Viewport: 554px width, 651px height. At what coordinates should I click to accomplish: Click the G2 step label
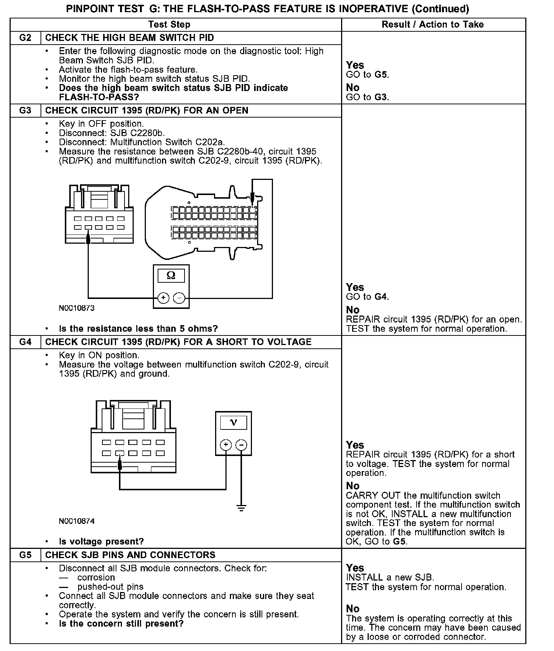[25, 38]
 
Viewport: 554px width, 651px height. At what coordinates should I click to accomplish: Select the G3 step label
[25, 111]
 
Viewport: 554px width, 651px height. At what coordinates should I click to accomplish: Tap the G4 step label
[25, 342]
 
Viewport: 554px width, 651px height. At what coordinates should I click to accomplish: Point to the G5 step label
[25, 555]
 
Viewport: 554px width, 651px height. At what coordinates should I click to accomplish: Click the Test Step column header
[169, 25]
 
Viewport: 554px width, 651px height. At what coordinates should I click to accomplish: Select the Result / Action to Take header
[432, 25]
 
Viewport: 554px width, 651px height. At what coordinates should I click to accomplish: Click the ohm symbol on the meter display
[171, 275]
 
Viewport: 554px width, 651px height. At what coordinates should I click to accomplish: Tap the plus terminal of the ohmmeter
[163, 298]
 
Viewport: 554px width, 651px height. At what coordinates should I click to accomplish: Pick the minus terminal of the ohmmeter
[179, 298]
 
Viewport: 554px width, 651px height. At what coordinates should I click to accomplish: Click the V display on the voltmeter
[233, 422]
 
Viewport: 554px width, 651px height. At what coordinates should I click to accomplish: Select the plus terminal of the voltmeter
[225, 445]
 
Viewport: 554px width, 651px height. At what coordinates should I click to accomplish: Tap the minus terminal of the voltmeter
[241, 445]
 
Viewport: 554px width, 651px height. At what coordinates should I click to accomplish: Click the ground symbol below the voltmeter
[241, 508]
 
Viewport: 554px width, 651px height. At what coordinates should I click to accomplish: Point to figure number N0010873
[77, 308]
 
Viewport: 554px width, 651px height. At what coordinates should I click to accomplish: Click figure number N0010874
[77, 521]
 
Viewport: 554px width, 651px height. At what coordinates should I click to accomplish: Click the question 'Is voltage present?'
[101, 542]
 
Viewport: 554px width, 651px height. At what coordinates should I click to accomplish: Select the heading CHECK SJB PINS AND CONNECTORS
[130, 555]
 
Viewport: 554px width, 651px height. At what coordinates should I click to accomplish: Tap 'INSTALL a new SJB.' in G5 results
[390, 578]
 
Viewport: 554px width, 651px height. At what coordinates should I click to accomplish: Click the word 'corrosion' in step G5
[96, 578]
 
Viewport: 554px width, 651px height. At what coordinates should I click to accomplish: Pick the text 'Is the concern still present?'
[121, 624]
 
